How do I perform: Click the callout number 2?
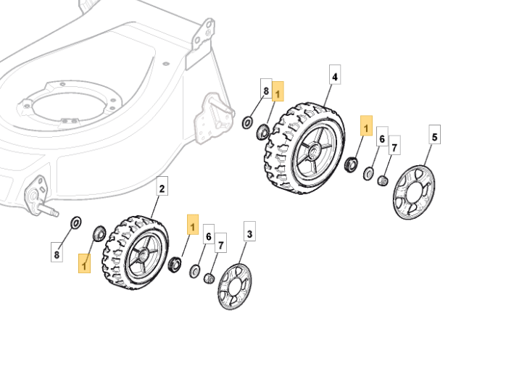[x=162, y=189]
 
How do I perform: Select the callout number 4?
[x=335, y=76]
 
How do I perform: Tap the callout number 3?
[x=249, y=234]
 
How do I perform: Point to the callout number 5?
[x=434, y=136]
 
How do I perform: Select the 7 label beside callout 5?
[x=394, y=148]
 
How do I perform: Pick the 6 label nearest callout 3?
[x=209, y=237]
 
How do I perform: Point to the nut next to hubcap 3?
[x=209, y=276]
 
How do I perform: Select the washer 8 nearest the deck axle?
[x=75, y=220]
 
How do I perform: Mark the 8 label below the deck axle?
[x=57, y=254]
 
